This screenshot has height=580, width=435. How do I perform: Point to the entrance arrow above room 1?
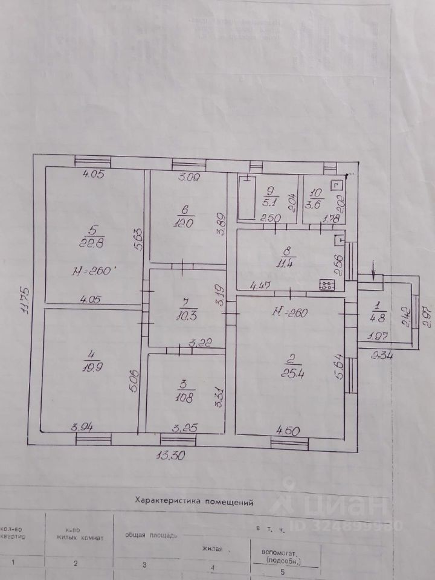click(x=375, y=275)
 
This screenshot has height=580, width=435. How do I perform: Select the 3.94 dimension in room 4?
click(x=82, y=428)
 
